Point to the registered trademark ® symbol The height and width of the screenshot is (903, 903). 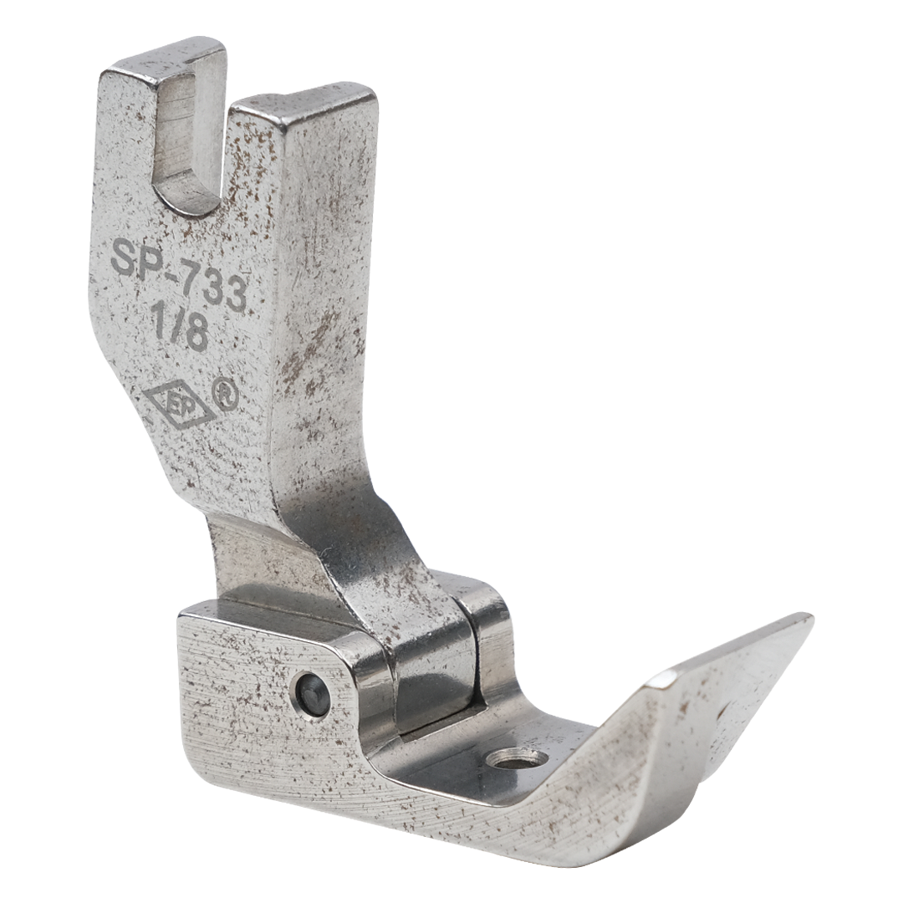[226, 394]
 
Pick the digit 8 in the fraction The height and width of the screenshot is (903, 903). [196, 334]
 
